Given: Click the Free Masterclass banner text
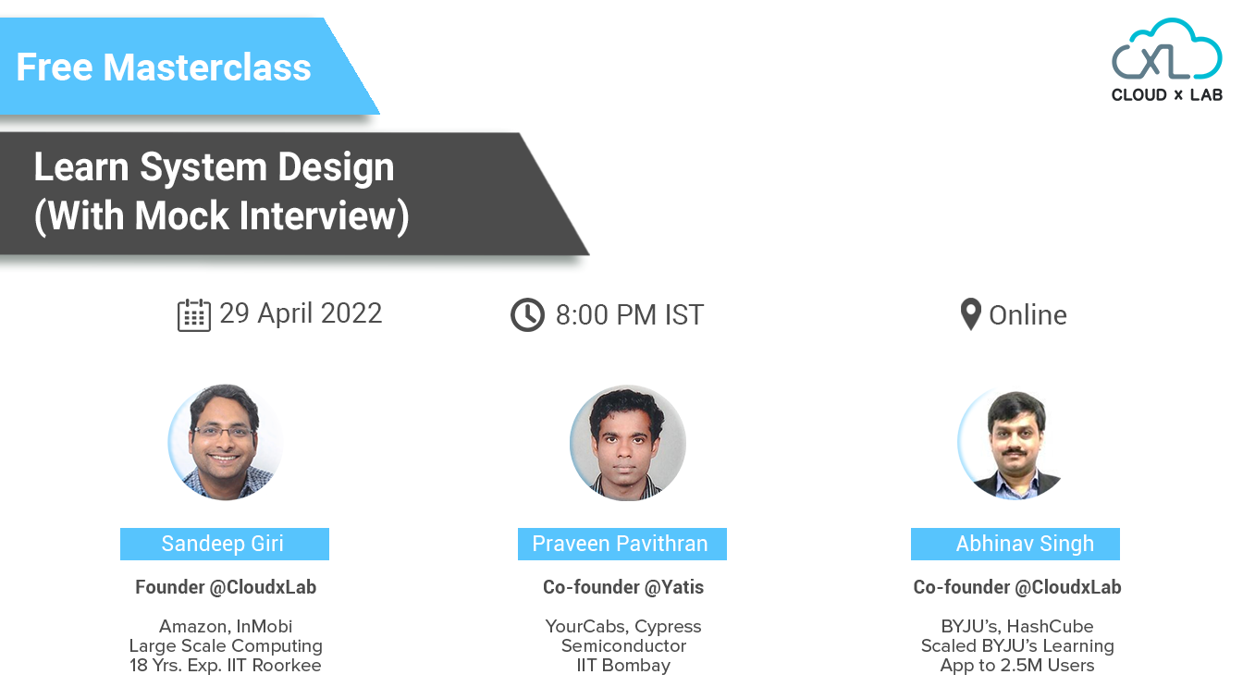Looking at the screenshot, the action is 164,67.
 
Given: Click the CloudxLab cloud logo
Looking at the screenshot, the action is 1166,60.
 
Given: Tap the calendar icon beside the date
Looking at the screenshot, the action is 193,315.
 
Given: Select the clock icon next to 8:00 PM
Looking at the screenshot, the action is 527,315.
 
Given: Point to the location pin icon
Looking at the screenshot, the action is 970,314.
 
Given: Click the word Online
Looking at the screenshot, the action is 1028,315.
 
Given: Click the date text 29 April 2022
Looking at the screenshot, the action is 301,313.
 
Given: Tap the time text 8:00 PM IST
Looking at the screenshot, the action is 630,315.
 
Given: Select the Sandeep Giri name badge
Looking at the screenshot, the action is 225,544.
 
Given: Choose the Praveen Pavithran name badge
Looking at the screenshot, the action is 622,544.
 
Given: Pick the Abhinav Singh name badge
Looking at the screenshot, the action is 1015,544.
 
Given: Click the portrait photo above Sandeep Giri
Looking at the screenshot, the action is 226,442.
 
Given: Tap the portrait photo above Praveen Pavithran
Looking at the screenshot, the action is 628,443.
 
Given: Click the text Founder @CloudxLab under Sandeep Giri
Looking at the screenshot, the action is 226,587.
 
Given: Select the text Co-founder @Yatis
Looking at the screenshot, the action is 623,587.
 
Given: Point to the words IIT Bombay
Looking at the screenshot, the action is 623,665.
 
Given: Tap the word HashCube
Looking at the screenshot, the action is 1050,626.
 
